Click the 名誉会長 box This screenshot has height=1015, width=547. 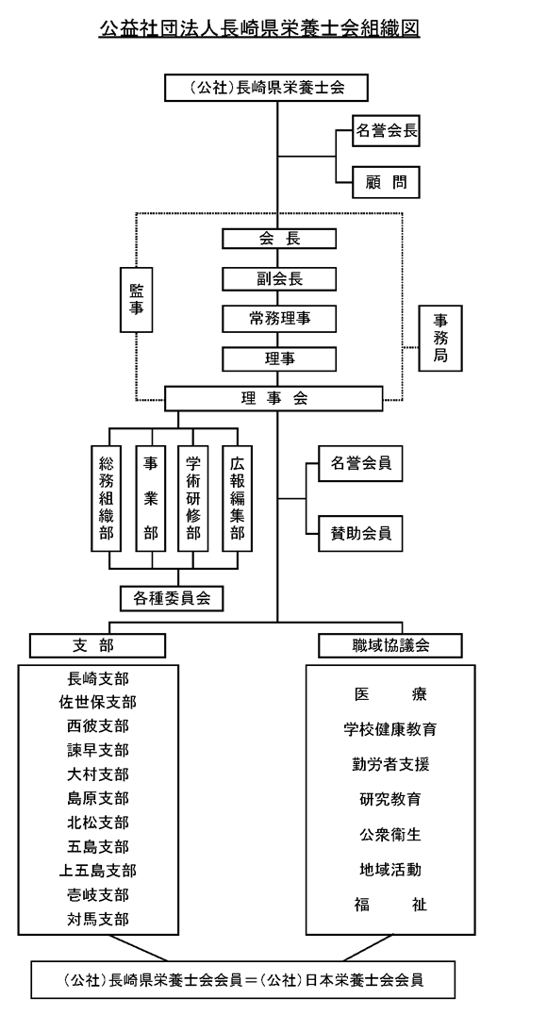386,132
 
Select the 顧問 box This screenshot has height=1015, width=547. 386,182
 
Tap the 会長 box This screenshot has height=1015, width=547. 279,239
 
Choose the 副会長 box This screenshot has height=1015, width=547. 279,279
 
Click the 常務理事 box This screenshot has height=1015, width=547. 279,319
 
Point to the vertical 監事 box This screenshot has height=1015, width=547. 137,300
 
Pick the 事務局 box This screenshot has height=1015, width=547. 440,338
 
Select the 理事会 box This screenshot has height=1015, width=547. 273,399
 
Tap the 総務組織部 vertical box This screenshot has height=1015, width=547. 107,498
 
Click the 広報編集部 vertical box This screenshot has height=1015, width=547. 237,498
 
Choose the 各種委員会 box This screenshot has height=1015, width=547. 172,598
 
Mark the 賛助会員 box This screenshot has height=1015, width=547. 360,533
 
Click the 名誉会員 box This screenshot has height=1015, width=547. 360,463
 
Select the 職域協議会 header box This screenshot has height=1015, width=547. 390,645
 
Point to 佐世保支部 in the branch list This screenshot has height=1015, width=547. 98,703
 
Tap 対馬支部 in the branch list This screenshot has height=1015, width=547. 98,919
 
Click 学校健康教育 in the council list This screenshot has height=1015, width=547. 390,729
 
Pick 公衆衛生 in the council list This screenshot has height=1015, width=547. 390,835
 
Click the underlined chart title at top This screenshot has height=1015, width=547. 259,28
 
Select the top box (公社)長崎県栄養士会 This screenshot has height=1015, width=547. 266,88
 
